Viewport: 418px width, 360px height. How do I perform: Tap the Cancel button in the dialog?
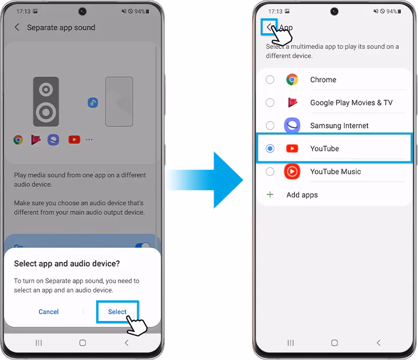point(49,312)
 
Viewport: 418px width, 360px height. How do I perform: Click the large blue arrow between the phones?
point(205,180)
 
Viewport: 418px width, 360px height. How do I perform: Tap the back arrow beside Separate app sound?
point(17,27)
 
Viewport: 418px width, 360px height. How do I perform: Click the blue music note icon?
point(93,103)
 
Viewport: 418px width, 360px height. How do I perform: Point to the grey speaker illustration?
point(46,101)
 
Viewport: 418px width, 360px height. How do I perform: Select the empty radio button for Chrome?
point(270,80)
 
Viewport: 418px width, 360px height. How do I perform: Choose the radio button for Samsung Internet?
point(270,126)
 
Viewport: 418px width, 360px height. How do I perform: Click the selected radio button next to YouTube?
point(270,148)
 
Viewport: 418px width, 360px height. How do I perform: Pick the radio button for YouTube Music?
point(270,171)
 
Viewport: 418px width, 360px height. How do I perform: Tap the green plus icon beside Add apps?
point(270,194)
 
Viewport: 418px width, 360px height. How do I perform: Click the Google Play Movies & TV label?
point(352,103)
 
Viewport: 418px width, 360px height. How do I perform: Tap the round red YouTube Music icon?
point(292,171)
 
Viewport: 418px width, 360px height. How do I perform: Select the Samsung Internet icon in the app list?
point(292,125)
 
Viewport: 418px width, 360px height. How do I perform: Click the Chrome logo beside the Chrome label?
point(292,80)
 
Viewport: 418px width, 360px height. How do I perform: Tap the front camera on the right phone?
point(334,11)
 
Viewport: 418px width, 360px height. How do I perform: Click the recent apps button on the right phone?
point(290,343)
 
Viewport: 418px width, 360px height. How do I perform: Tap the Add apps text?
point(302,195)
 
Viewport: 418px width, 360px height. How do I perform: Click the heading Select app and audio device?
point(67,264)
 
